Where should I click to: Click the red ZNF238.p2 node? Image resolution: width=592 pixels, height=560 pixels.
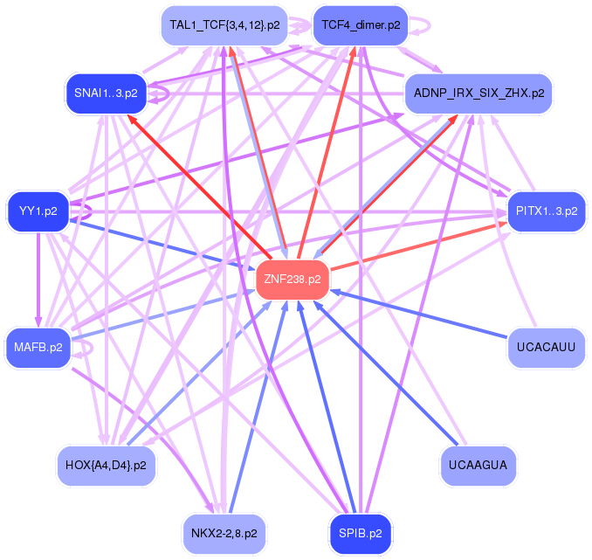tap(292, 280)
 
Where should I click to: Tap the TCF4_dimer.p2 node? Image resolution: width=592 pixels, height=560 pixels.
tap(360, 25)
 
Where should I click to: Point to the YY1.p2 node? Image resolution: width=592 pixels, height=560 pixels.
tap(38, 211)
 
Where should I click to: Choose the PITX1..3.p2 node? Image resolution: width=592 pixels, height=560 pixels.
tap(547, 211)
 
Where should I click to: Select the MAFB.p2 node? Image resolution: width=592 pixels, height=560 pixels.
tap(38, 348)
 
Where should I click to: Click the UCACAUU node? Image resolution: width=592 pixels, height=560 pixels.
tap(546, 348)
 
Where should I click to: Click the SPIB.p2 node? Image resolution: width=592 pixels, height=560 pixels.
tap(360, 531)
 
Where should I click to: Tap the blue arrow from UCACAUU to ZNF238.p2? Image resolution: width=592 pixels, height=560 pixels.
tap(419, 315)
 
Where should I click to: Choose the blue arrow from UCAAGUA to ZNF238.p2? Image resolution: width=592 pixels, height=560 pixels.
tap(393, 376)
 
